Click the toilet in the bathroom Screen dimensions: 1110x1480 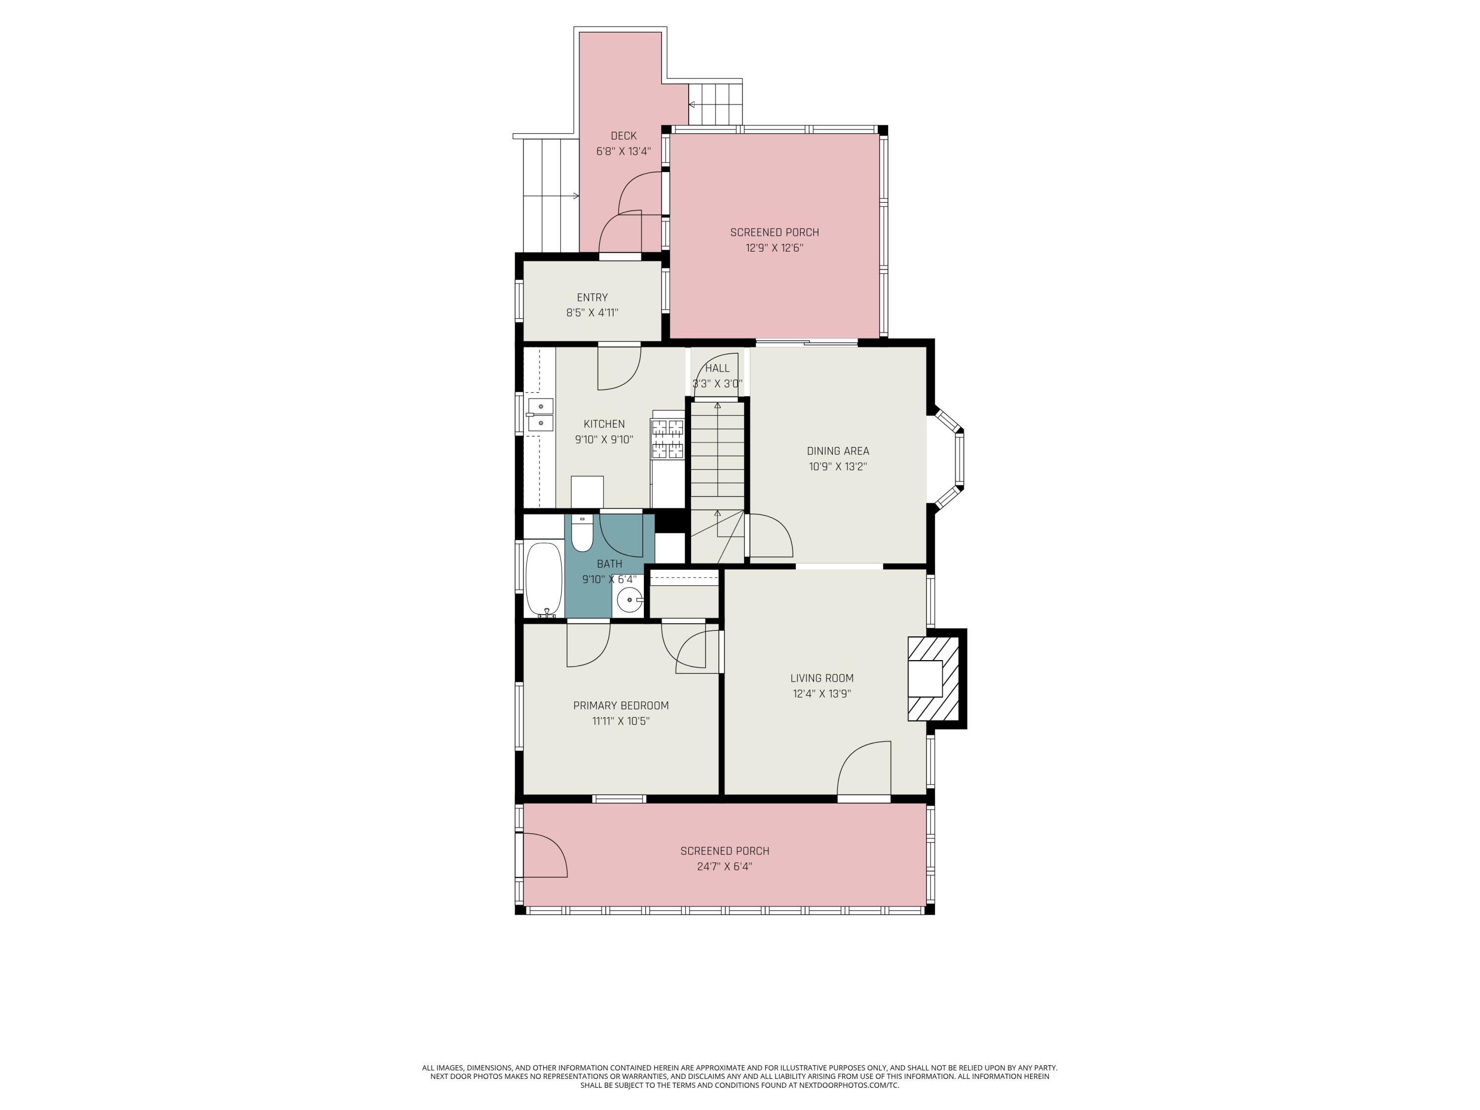click(582, 534)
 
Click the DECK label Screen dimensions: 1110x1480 click(624, 136)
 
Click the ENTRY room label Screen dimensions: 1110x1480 click(592, 297)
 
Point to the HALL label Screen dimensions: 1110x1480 click(717, 368)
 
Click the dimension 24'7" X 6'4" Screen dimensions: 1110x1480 click(725, 866)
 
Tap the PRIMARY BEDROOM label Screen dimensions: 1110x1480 click(621, 705)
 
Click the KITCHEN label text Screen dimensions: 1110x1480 click(604, 423)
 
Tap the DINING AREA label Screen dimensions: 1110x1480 click(838, 451)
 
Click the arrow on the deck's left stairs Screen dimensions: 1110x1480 click(574, 196)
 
